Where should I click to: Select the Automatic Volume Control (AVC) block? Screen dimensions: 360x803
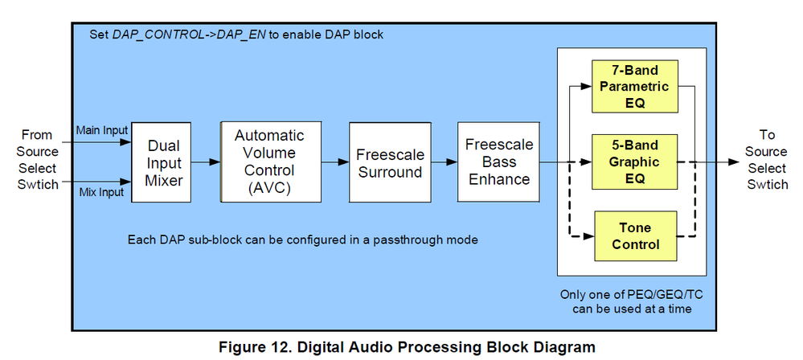269,162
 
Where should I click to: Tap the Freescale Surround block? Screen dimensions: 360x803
389,162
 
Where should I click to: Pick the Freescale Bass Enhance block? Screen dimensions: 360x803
499,161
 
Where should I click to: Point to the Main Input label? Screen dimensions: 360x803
101,130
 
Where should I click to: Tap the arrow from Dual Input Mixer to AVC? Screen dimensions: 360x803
207,162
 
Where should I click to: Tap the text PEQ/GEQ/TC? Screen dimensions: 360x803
648,295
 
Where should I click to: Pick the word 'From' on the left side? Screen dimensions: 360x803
37,135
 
